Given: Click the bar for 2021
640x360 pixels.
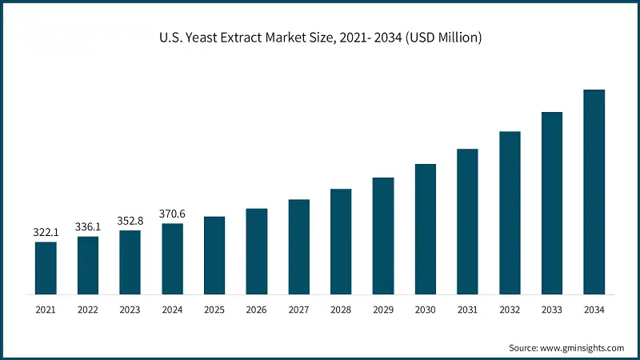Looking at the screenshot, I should [46, 268].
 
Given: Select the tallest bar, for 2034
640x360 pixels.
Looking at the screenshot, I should [594, 192].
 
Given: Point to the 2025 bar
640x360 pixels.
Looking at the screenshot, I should [214, 255].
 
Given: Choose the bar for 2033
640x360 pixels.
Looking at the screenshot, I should [552, 203].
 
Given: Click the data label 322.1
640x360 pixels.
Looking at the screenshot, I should [46, 232].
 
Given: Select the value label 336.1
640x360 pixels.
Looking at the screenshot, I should [88, 226].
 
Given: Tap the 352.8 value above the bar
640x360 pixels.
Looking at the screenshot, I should [130, 221].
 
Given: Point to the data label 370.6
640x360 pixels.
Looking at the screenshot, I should [172, 214].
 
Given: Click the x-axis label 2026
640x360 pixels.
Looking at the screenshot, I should [256, 310].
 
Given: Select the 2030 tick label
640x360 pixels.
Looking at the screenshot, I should [425, 310].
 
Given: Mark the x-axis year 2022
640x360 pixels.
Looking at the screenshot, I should [88, 310].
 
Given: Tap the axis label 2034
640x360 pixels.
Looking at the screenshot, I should [594, 310].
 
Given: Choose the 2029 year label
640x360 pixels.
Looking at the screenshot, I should [383, 310].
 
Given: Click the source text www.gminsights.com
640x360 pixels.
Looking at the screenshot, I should [582, 348].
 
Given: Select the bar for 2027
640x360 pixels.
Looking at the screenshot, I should [298, 246].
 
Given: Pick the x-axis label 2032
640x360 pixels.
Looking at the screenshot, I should [510, 310].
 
